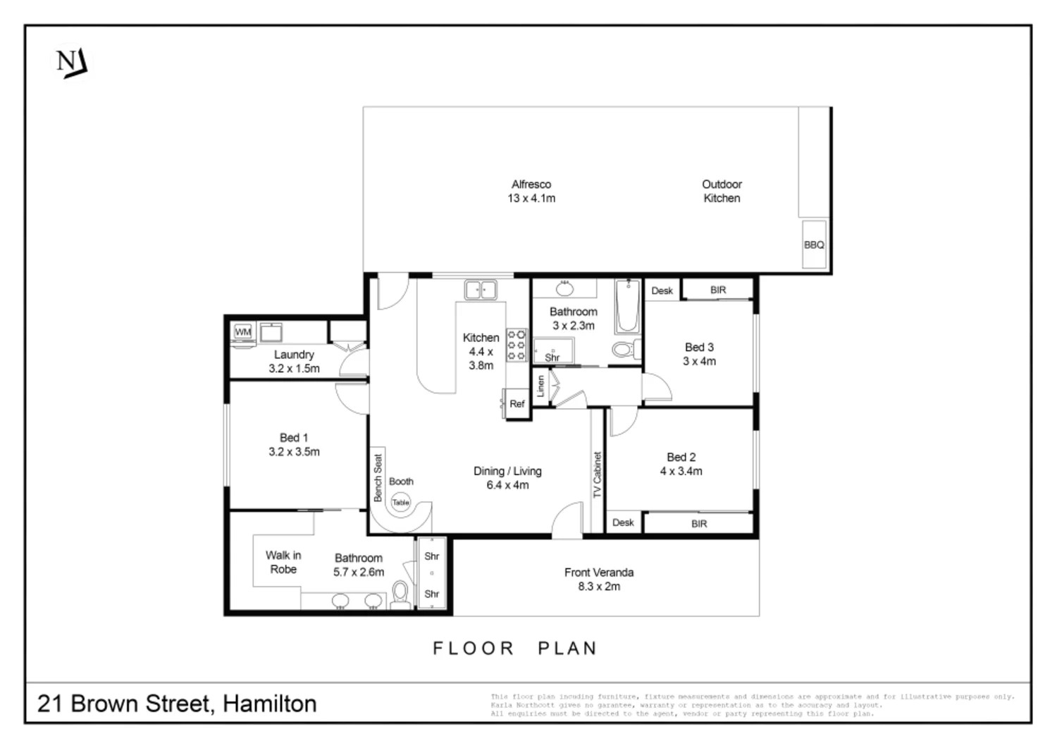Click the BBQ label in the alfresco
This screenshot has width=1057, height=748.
pos(814,245)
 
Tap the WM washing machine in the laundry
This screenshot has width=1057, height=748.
pos(243,331)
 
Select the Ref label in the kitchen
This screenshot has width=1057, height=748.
pos(517,404)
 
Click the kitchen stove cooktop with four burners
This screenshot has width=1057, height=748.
pos(517,345)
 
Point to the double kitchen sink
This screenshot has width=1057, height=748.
pos(481,289)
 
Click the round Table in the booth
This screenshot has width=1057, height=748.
pos(400,503)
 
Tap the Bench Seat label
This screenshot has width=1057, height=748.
pos(378,478)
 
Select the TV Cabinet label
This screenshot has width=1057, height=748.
pos(598,475)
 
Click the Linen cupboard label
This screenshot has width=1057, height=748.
pos(541,386)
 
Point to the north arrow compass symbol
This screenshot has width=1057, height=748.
pos(72,63)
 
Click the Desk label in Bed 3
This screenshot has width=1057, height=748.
pos(662,290)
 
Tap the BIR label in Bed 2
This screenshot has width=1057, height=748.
pos(699,524)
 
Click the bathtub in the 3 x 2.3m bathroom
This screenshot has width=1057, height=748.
pos(627,307)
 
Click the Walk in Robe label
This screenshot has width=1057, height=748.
pos(283,563)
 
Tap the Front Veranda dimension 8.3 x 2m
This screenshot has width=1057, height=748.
pos(599,587)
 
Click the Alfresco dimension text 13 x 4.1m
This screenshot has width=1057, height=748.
pos(531,199)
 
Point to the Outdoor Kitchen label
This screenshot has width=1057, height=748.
pos(722,191)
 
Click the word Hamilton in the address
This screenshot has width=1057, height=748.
pos(269,704)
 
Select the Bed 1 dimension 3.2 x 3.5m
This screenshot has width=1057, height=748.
pos(294,452)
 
